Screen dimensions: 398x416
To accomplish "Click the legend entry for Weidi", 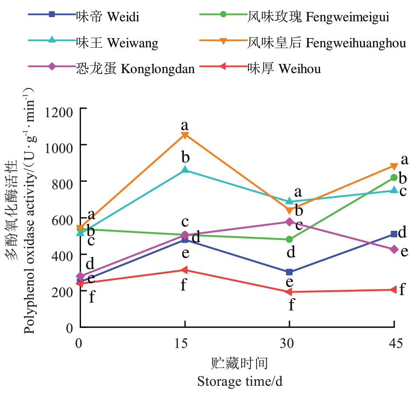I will click(107, 18).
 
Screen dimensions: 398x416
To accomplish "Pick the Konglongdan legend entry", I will click(134, 69).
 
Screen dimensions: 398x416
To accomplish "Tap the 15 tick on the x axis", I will click(184, 344).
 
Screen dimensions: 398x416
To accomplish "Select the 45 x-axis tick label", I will click(395, 344).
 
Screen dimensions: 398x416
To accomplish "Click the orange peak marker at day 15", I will click(185, 135).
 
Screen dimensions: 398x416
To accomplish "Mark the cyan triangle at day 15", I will click(185, 169).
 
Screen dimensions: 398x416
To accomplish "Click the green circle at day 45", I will click(394, 177).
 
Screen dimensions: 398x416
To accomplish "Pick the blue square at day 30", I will click(289, 272).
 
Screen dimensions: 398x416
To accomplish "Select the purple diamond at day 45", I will click(394, 249).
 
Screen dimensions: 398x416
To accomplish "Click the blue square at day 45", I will click(394, 234).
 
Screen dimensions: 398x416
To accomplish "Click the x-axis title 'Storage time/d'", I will click(240, 381).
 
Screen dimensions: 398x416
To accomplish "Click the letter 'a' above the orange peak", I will click(185, 125).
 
